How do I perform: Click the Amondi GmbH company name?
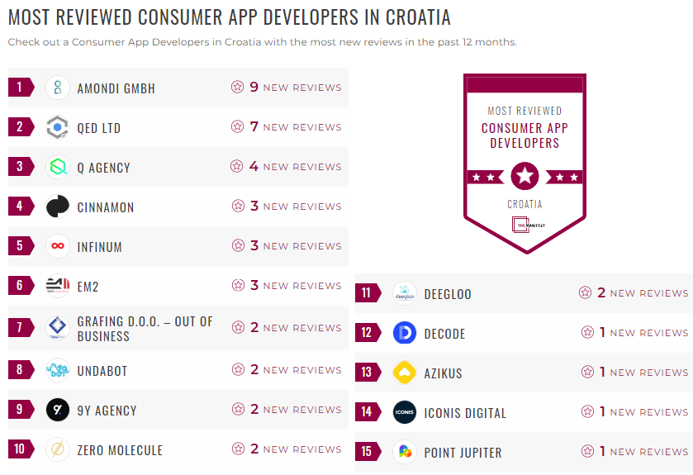point(116,88)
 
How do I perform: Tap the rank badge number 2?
point(20,127)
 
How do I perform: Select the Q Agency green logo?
point(58,167)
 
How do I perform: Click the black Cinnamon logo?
point(58,207)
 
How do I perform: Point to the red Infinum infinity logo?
point(58,246)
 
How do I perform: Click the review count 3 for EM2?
point(254,286)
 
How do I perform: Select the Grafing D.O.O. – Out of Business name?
point(145,328)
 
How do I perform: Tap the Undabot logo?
point(58,370)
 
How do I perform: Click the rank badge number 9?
point(20,410)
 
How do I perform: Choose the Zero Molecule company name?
point(120,450)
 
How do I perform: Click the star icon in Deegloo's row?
point(586,293)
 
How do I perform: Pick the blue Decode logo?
point(405,333)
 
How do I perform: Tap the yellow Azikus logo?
point(405,373)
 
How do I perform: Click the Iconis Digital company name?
point(465,413)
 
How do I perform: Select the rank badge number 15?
point(367,453)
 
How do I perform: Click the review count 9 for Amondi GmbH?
point(254,88)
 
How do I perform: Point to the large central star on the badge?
point(524,176)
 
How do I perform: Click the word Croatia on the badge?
point(524,204)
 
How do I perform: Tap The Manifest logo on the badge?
point(524,224)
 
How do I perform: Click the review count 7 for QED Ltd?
point(254,127)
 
